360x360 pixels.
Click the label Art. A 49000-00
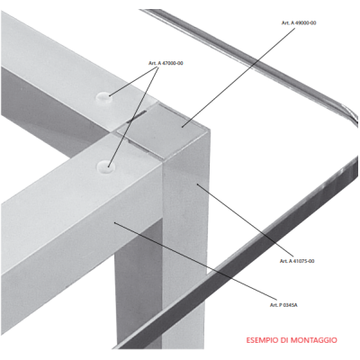(x=299, y=22)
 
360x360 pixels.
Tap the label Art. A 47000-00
(x=166, y=63)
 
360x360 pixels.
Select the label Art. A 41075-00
(x=297, y=261)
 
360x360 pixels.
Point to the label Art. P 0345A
(x=283, y=305)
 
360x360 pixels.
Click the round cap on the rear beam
(x=103, y=96)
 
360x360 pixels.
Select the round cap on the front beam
(x=105, y=166)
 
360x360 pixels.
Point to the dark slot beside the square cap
(x=137, y=117)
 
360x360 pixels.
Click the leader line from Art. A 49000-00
(x=238, y=77)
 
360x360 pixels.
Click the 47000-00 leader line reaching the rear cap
(x=134, y=81)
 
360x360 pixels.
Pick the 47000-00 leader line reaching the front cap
(x=133, y=116)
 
